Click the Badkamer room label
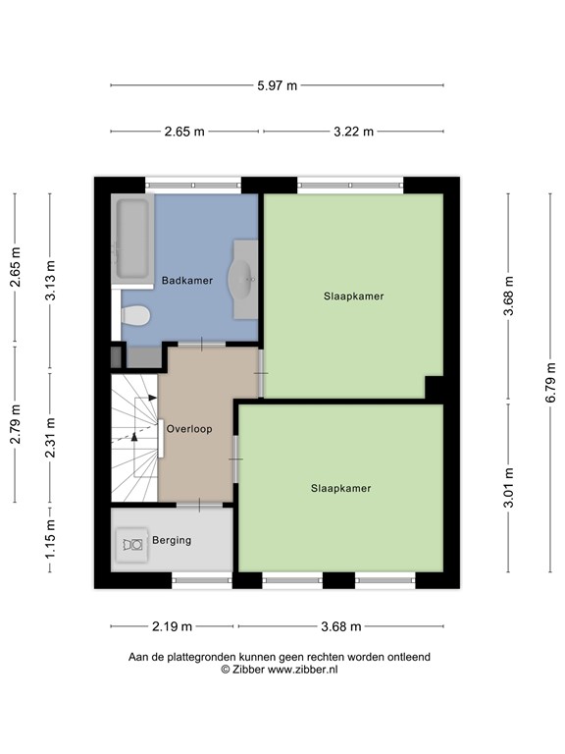(186, 281)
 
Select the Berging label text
(171, 540)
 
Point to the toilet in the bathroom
(135, 316)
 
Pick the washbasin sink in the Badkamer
(242, 279)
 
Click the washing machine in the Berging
(130, 543)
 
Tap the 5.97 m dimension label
(277, 85)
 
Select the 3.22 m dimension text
(353, 132)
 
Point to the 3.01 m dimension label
(508, 488)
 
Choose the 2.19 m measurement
(172, 626)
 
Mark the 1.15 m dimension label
(51, 545)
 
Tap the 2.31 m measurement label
(51, 439)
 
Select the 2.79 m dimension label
(14, 424)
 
